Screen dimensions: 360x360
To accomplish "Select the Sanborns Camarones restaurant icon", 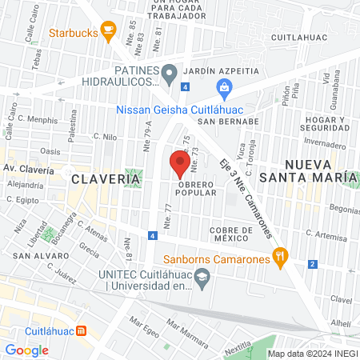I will (x=279, y=257).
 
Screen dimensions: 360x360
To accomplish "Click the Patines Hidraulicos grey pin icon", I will (x=169, y=74).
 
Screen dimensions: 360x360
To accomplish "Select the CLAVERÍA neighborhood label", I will (x=106, y=179).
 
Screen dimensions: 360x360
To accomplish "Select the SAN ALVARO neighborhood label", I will (x=38, y=256).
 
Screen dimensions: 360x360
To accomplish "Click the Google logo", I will (x=26, y=350).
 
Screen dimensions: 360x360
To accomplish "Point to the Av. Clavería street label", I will (x=29, y=169).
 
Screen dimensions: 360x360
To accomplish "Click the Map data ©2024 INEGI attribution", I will (x=311, y=353).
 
